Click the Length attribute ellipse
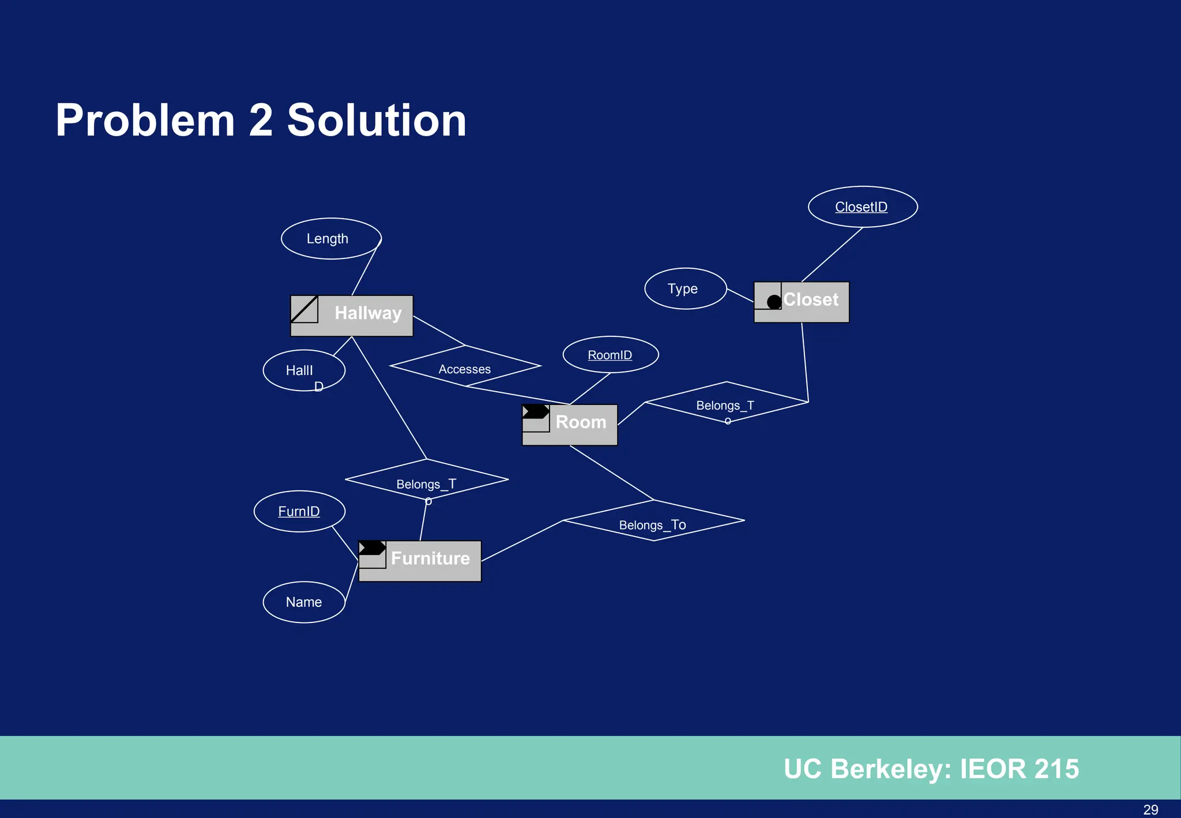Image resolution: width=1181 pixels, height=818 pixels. click(330, 239)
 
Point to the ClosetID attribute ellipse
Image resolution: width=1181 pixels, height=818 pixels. click(862, 207)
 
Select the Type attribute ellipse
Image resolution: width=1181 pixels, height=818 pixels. click(685, 288)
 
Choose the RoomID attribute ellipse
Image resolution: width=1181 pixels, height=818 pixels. click(610, 355)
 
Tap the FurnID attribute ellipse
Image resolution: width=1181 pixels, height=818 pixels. click(299, 511)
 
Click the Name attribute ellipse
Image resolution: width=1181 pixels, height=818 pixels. click(304, 602)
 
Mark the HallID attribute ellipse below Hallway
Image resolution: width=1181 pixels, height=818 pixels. click(303, 370)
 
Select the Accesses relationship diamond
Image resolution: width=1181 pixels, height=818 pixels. click(465, 366)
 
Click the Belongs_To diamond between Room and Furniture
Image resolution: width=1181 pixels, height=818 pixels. click(653, 521)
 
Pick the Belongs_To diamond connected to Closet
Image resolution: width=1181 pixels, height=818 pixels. click(726, 402)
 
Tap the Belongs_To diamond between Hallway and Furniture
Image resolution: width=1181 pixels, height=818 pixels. click(427, 480)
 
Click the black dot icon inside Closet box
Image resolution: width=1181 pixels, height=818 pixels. click(774, 301)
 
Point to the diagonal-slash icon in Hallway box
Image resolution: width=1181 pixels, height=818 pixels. click(304, 309)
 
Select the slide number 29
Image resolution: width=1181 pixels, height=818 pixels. click(1150, 809)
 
